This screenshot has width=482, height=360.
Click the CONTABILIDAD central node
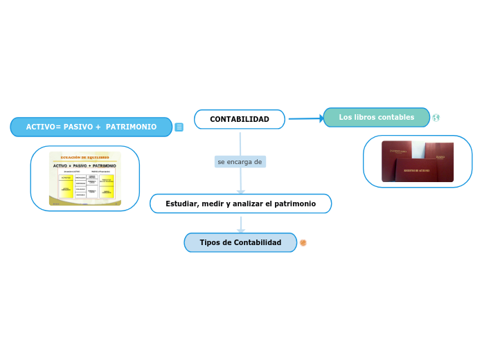(x=239, y=119)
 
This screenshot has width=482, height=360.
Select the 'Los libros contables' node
(x=376, y=118)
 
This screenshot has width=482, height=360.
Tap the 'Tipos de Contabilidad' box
(x=240, y=242)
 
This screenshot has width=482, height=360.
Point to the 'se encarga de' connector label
(x=240, y=161)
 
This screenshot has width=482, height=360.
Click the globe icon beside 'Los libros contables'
(x=436, y=118)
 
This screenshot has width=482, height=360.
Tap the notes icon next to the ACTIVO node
(x=179, y=127)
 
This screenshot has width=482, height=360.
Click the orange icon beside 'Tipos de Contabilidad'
(x=303, y=243)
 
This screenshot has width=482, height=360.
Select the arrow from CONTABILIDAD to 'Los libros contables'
(x=305, y=118)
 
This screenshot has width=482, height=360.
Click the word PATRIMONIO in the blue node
(x=131, y=127)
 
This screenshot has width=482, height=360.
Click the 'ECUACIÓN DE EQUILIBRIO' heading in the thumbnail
(x=85, y=157)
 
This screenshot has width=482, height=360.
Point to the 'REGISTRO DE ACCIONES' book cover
(x=417, y=170)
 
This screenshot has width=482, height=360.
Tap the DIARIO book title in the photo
(x=440, y=157)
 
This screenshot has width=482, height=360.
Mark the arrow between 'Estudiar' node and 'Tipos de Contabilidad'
(x=241, y=224)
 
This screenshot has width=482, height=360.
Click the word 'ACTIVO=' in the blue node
(x=44, y=127)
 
